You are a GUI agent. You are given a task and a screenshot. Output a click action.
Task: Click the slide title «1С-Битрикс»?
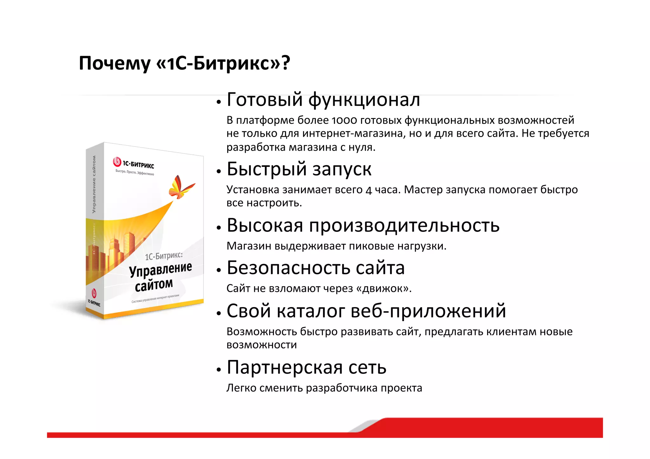point(184,63)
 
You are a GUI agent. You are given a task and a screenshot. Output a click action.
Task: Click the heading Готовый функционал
point(323,100)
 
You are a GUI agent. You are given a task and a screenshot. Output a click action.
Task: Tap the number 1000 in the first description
point(344,121)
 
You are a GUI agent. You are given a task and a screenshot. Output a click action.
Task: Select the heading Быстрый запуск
point(299,169)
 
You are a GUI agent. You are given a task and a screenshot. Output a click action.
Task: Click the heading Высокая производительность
point(363,226)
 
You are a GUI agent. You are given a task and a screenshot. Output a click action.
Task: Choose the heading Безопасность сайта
point(315,268)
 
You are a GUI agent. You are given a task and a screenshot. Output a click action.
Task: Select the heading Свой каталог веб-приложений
point(366,311)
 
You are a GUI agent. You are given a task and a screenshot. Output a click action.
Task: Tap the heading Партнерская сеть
point(306,367)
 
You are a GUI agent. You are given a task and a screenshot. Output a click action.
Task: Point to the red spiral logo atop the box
point(117,162)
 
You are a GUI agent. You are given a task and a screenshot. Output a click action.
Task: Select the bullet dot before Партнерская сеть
point(218,370)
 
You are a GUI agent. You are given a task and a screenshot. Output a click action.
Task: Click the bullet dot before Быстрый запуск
point(218,171)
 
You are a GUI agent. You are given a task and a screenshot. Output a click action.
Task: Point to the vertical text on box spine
point(94,184)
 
